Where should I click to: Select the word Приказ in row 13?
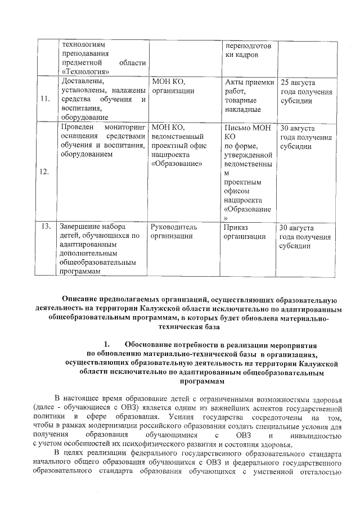tap(236, 227)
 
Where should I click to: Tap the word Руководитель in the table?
tap(174, 227)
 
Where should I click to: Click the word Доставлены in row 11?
tap(79, 82)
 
